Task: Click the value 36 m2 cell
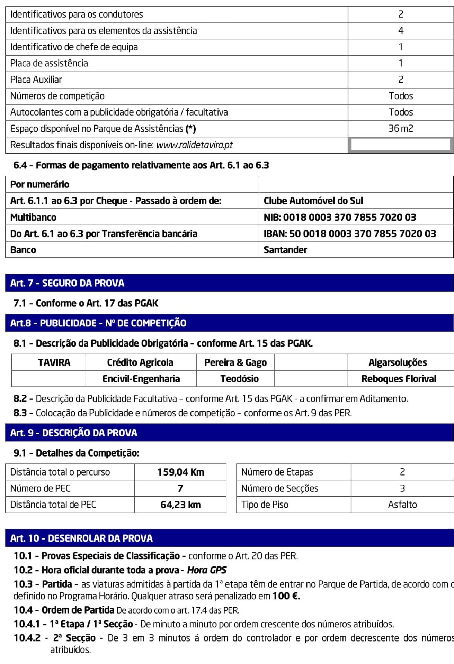(x=401, y=129)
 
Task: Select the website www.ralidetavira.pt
(x=194, y=145)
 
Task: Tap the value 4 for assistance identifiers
(x=401, y=31)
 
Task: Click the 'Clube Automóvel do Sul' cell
(x=313, y=201)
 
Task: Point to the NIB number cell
(x=340, y=217)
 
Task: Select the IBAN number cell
(x=350, y=234)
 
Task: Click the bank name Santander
(x=285, y=250)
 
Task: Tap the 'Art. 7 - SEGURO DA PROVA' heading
(x=67, y=283)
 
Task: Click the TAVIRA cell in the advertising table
(x=54, y=362)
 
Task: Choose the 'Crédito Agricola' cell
(x=140, y=362)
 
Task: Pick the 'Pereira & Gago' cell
(x=235, y=362)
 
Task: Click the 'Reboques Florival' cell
(x=399, y=379)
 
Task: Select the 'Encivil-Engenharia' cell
(x=141, y=379)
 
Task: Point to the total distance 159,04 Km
(x=180, y=472)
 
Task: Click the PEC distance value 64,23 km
(x=180, y=505)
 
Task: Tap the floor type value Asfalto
(x=402, y=505)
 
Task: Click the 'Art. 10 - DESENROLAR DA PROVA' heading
(x=81, y=538)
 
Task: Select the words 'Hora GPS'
(x=207, y=570)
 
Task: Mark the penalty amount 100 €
(x=286, y=596)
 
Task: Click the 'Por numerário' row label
(x=40, y=184)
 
